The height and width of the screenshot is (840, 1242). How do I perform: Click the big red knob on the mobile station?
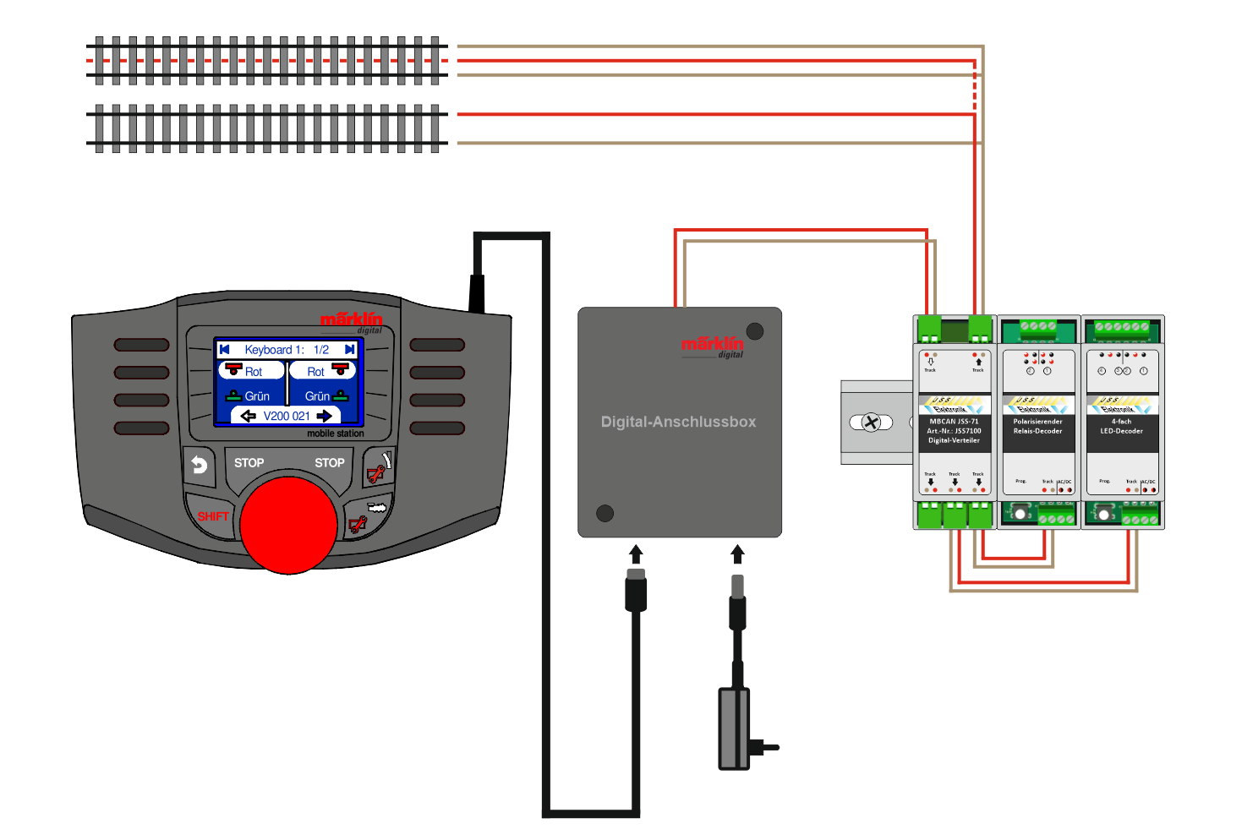[x=288, y=525]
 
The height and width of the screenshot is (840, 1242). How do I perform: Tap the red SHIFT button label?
[x=213, y=516]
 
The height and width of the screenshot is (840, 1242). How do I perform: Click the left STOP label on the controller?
[x=249, y=463]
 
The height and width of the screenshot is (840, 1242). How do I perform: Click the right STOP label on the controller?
[x=329, y=463]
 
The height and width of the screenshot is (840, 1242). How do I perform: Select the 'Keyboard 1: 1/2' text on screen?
[x=286, y=350]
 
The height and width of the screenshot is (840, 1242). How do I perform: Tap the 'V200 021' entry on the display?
[x=286, y=416]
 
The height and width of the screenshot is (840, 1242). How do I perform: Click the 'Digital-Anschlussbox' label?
[x=678, y=422]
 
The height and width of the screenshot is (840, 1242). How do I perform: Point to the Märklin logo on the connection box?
[x=712, y=345]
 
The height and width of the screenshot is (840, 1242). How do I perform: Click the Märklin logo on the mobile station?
[x=351, y=320]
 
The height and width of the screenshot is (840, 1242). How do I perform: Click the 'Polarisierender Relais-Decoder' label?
[x=1037, y=426]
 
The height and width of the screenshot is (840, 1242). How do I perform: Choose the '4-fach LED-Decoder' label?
[x=1121, y=426]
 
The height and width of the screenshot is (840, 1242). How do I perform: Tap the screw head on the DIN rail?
[x=871, y=423]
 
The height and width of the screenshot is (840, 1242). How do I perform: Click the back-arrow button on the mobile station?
[x=199, y=465]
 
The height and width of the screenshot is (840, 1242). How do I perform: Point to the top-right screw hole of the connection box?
[x=755, y=331]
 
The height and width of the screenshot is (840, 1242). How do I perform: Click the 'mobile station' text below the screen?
[x=335, y=434]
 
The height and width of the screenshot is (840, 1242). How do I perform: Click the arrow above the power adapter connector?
[x=737, y=554]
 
